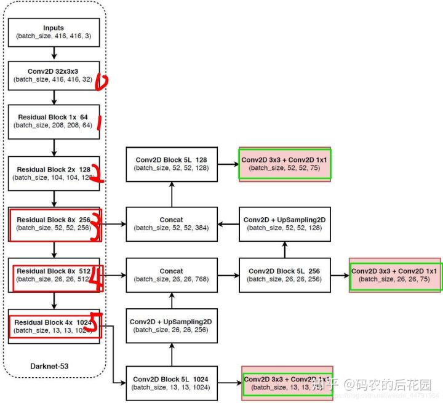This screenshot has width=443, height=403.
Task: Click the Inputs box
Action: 54,33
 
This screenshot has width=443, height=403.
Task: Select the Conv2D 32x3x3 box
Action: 54,75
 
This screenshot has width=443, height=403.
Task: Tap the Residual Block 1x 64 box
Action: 54,121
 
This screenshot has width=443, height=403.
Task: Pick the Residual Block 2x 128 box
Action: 54,173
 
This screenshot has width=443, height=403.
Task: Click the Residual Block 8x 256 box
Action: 54,224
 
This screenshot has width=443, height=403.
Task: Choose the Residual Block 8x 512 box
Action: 54,275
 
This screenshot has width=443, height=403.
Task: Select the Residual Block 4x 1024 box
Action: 54,326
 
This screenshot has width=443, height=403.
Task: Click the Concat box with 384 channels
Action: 171,224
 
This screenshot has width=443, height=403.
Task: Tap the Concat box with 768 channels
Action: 171,275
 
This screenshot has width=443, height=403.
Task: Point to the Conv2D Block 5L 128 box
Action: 171,164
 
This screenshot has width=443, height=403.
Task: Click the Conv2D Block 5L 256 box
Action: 284,275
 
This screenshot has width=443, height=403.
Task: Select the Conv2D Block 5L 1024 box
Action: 171,383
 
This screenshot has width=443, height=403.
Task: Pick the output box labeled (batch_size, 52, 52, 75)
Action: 285,164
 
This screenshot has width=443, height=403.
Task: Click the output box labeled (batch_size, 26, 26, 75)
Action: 394,275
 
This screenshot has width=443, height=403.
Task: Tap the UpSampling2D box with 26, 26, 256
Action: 171,326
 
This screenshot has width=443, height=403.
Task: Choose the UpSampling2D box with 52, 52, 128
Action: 284,224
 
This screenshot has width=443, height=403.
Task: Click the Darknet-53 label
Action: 49,366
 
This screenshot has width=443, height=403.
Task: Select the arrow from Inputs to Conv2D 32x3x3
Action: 54,54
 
